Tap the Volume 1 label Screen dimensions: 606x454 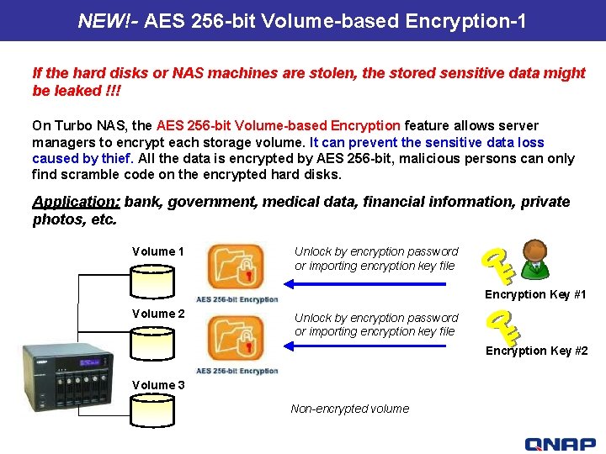158,251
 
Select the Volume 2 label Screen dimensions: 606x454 158,314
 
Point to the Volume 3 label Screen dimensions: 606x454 158,385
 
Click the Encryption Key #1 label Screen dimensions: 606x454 535,294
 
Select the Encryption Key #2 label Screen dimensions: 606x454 536,351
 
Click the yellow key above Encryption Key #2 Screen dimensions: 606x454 504,325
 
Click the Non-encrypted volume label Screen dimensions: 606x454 349,409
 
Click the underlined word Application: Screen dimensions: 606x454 76,202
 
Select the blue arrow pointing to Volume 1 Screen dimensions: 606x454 379,284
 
